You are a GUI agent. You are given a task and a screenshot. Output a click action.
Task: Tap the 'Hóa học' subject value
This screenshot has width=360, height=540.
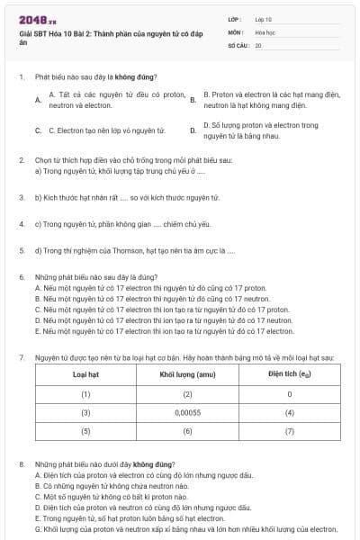pyautogui.click(x=265, y=31)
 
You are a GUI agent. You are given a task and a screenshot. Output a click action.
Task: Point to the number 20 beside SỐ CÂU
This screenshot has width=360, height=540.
pyautogui.click(x=258, y=44)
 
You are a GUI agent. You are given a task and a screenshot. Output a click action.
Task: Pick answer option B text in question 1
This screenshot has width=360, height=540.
pyautogui.click(x=267, y=99)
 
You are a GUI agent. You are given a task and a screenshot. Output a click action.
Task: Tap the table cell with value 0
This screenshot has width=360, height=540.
pyautogui.click(x=289, y=393)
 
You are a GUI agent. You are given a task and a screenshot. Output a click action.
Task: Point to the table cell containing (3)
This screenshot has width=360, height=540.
pyautogui.click(x=86, y=412)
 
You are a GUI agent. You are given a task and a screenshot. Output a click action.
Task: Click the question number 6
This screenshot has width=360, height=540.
pyautogui.click(x=21, y=278)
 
